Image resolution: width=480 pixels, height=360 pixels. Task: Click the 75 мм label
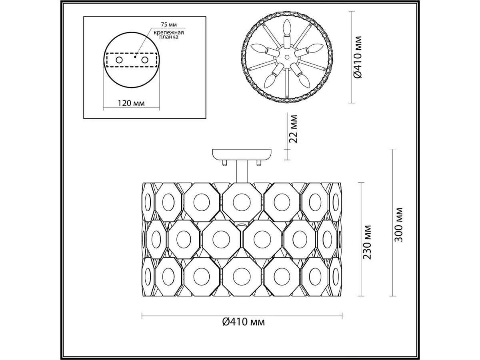(x=169, y=24)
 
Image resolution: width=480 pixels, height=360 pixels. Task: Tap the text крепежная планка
(x=169, y=35)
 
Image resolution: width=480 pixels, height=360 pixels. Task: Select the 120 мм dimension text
(x=131, y=103)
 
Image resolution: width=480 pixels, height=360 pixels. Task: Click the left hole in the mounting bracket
(x=119, y=60)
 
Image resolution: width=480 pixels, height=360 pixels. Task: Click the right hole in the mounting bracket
(x=145, y=60)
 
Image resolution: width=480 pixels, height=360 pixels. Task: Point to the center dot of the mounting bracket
(x=135, y=57)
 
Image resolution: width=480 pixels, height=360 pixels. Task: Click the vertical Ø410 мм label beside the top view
(x=358, y=57)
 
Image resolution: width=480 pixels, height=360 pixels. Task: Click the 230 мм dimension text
(x=367, y=242)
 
